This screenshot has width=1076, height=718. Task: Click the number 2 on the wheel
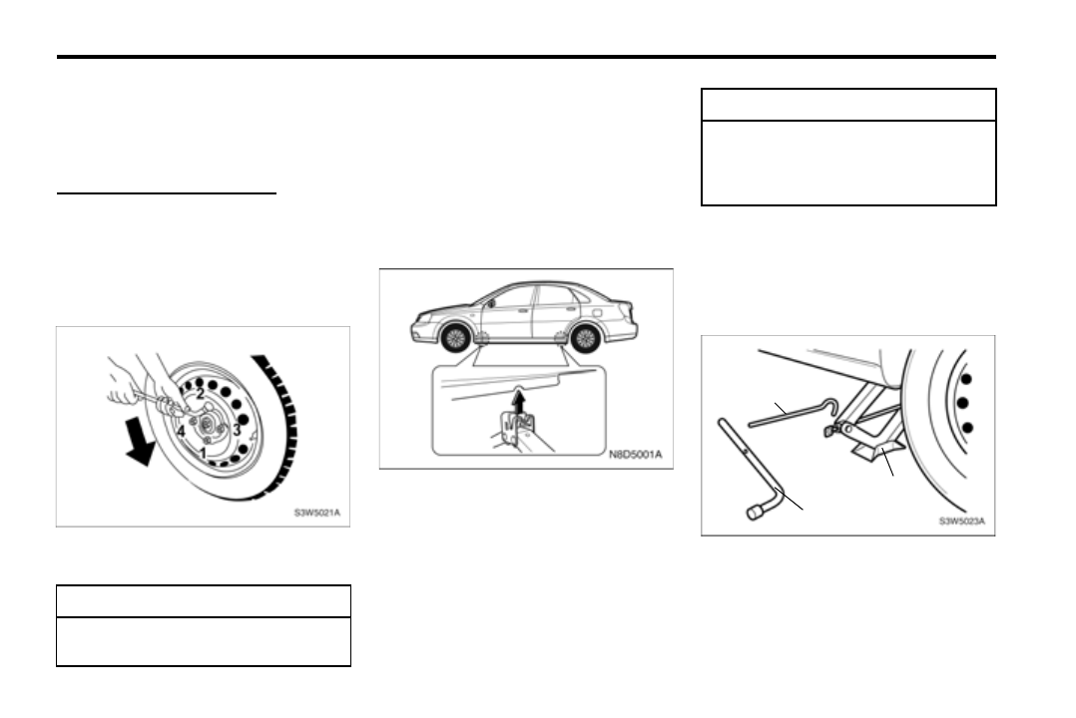[x=201, y=394]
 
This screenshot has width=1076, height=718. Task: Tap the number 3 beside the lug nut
[x=236, y=430]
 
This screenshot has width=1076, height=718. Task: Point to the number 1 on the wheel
[x=203, y=453]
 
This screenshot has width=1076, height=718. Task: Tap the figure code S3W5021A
[x=315, y=514]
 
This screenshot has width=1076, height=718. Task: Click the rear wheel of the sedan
[x=584, y=336]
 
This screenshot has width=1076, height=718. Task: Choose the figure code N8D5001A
[x=635, y=457]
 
